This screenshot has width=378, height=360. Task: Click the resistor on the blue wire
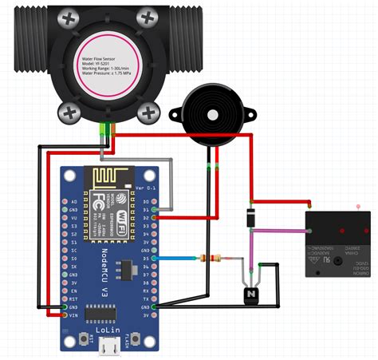tap(211, 258)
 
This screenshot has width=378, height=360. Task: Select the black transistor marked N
tap(252, 295)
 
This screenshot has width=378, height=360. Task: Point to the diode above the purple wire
tap(250, 216)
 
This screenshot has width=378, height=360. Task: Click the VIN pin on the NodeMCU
tap(65, 315)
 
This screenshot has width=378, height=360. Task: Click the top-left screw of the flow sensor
tap(71, 17)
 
